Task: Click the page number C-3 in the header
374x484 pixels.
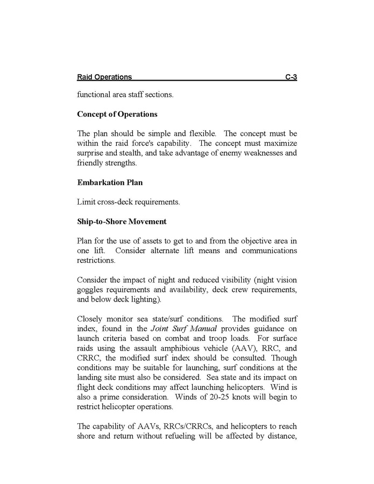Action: click(291, 77)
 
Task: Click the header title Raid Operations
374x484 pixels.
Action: click(104, 77)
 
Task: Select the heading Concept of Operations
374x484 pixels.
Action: click(117, 114)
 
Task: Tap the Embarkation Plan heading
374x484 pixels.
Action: click(110, 183)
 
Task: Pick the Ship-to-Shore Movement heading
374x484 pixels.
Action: click(122, 221)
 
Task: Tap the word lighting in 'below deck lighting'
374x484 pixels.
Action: click(154, 299)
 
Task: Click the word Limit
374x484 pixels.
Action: click(86, 202)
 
